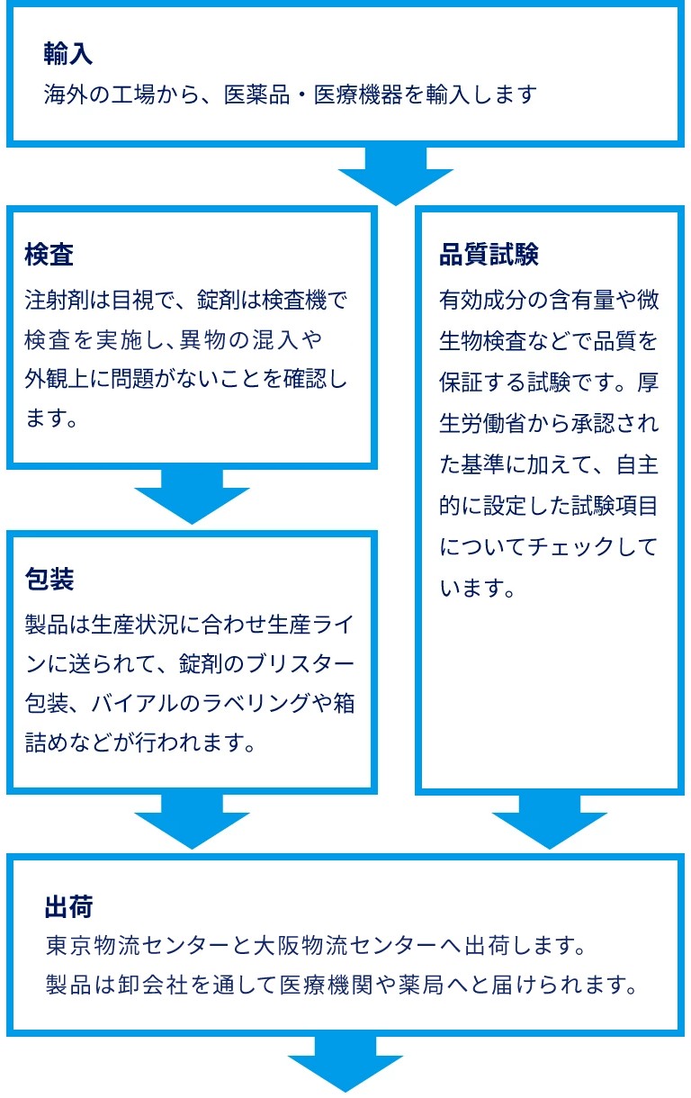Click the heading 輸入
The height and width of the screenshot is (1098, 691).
click(x=68, y=54)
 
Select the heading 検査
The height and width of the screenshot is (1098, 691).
click(x=49, y=255)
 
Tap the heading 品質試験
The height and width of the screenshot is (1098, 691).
click(x=489, y=255)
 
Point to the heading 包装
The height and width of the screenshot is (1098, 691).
click(x=49, y=579)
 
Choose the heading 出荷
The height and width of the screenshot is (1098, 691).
click(x=68, y=905)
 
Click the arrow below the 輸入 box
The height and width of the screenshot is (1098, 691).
click(x=395, y=175)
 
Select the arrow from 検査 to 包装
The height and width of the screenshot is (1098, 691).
click(x=192, y=495)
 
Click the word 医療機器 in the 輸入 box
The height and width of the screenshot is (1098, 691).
click(x=358, y=94)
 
